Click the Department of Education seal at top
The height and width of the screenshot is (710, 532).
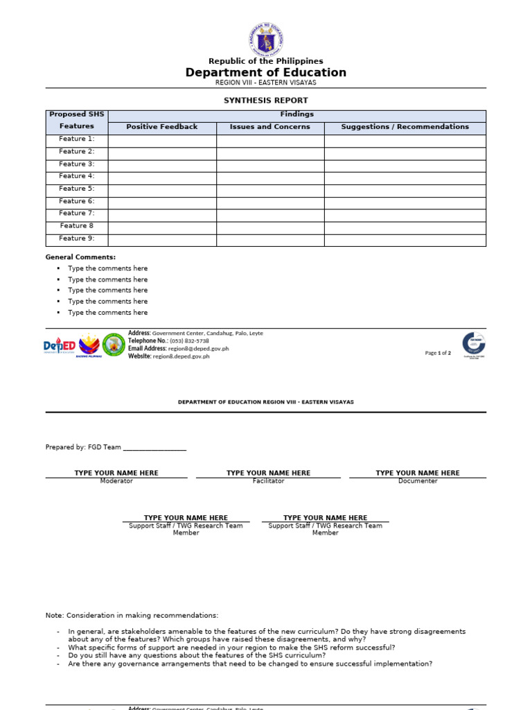(x=266, y=40)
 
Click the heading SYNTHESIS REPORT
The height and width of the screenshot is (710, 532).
(x=266, y=101)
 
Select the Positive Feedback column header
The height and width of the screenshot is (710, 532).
(x=162, y=127)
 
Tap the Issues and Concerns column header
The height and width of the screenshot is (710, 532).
(x=270, y=127)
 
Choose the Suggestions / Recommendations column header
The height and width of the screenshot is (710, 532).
(x=405, y=127)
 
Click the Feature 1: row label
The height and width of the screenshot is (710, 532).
(x=77, y=139)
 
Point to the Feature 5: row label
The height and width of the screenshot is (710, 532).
(x=77, y=189)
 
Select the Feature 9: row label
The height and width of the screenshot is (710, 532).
(x=77, y=239)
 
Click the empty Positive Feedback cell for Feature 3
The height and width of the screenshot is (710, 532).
(x=162, y=164)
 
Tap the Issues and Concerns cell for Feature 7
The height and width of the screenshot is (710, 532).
(x=270, y=214)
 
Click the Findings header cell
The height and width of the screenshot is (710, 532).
(x=296, y=114)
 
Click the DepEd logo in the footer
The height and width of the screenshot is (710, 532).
(x=60, y=345)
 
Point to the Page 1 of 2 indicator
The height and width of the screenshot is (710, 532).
(x=438, y=353)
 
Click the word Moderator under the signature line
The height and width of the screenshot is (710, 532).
(x=116, y=481)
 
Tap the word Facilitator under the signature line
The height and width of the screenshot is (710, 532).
(x=268, y=481)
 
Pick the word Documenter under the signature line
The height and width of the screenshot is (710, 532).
(x=418, y=481)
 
